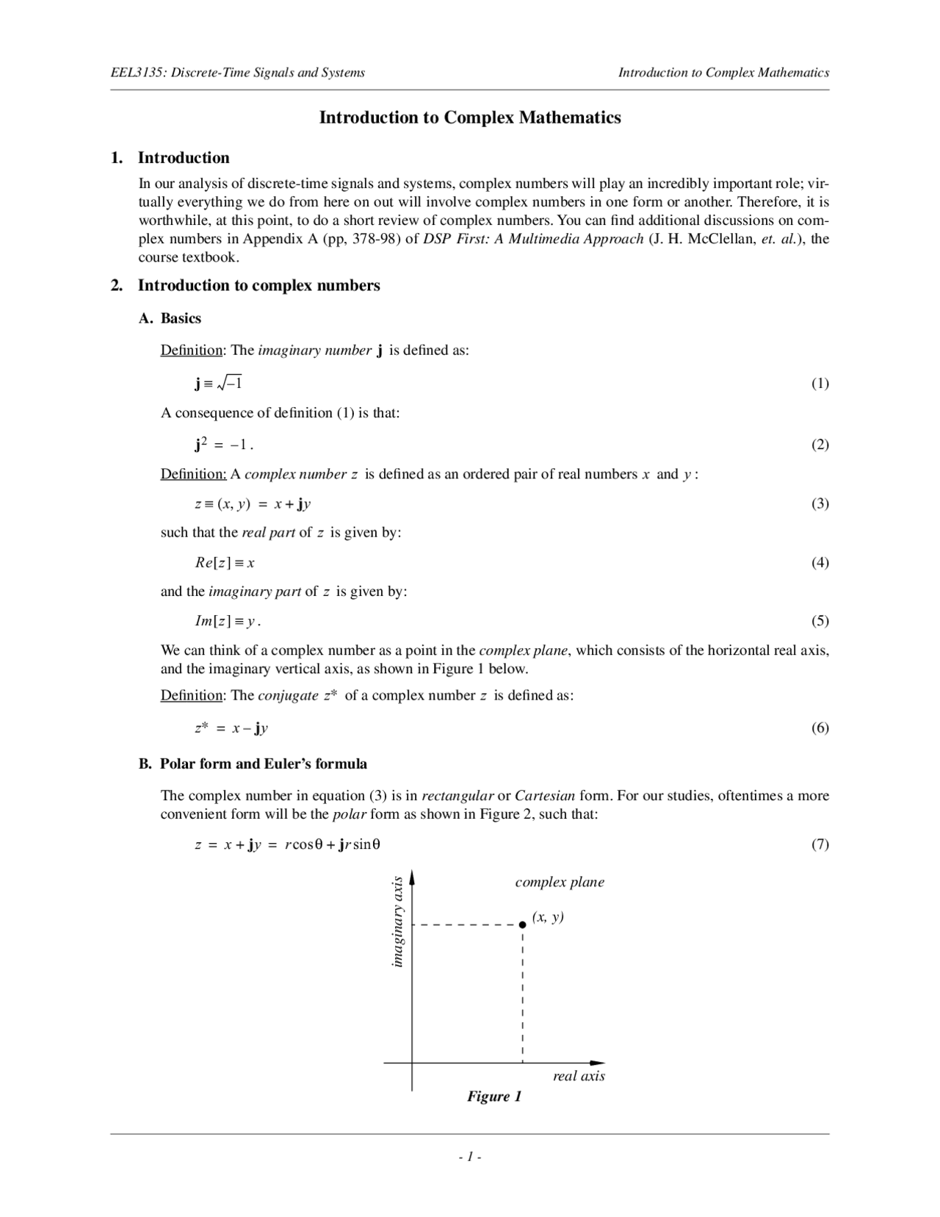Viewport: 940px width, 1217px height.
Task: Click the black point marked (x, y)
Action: tap(522, 925)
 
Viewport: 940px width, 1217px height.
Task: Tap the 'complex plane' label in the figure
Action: tap(560, 882)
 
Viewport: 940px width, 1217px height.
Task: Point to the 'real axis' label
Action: tap(579, 1076)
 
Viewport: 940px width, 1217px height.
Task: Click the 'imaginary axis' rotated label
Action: tap(397, 922)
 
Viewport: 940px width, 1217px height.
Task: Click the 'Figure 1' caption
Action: tap(494, 1096)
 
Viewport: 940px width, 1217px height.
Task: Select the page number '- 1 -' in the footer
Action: tap(469, 1157)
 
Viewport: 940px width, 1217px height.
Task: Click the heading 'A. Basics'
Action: tap(170, 318)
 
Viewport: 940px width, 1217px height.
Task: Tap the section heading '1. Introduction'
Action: tap(170, 158)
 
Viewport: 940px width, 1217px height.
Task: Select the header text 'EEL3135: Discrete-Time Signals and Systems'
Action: tap(237, 72)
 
